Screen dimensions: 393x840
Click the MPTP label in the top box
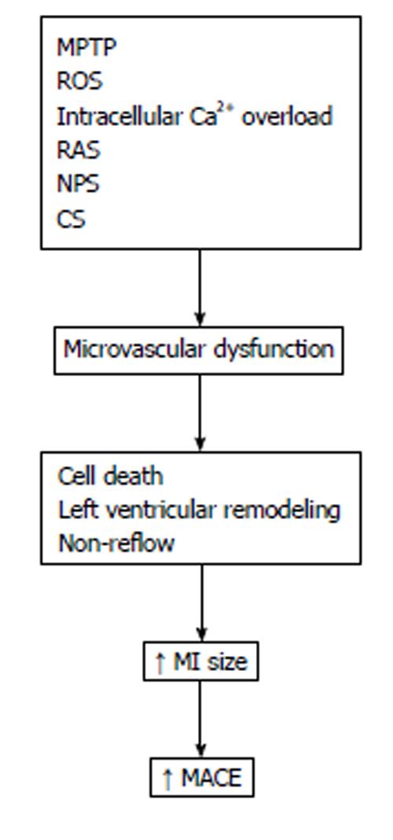click(86, 48)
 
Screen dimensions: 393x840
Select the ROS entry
click(79, 82)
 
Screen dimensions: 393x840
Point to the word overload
click(287, 116)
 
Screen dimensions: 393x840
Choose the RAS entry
click(79, 150)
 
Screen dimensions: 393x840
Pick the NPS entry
click(78, 184)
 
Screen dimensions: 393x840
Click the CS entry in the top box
click(72, 219)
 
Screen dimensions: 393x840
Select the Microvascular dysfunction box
click(199, 350)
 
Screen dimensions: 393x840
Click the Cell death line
click(110, 476)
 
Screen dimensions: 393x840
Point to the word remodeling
click(281, 510)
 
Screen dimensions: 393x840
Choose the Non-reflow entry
click(116, 543)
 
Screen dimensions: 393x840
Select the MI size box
click(200, 661)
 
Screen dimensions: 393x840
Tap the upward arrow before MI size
click(160, 662)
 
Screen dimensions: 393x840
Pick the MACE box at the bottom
click(202, 777)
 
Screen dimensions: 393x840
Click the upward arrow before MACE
click(167, 778)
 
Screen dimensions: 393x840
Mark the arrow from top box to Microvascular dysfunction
click(200, 288)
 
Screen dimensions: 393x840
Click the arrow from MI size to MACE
click(200, 720)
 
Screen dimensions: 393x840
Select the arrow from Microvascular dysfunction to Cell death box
click(200, 413)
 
